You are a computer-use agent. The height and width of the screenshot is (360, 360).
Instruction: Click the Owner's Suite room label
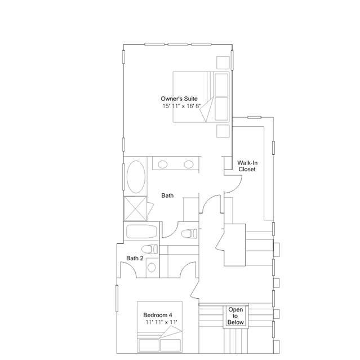click(179, 99)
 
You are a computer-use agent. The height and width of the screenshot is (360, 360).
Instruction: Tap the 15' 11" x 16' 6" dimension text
click(181, 106)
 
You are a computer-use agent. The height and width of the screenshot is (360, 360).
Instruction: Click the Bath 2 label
click(134, 259)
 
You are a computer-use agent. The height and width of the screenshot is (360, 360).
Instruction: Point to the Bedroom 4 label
click(158, 315)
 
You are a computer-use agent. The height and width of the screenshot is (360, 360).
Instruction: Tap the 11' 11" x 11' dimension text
click(162, 322)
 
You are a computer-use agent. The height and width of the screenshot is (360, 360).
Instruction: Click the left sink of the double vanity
click(163, 165)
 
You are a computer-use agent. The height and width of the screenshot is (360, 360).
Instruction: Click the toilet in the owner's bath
click(190, 232)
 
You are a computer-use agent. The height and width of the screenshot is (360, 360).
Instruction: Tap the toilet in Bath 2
click(149, 250)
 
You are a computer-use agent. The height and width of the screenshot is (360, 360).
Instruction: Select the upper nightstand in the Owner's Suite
click(223, 62)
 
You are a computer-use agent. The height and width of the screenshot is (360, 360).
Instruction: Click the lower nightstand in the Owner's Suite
click(223, 131)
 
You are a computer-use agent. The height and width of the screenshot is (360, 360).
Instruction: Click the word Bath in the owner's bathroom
click(167, 196)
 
